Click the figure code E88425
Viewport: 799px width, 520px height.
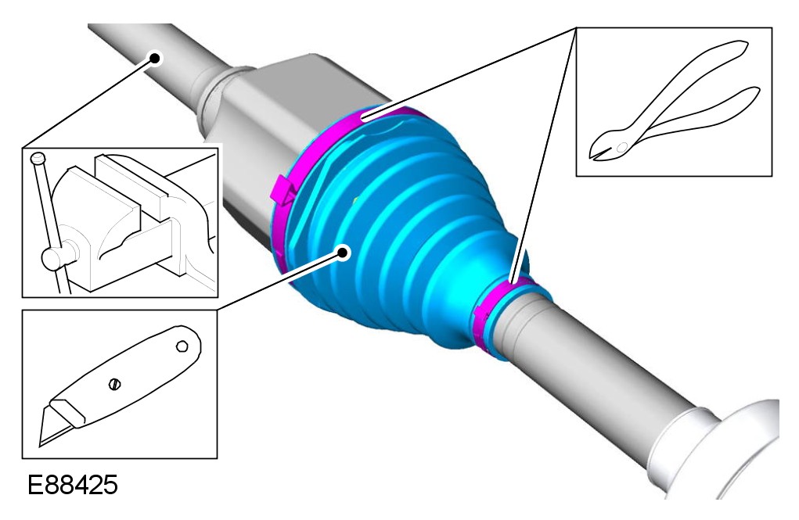tap(72, 484)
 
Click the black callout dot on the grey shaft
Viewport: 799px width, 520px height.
tap(155, 58)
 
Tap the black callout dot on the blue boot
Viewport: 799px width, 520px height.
tap(344, 252)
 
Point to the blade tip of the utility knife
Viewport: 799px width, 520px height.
tap(41, 445)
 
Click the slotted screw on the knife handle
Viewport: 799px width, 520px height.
tap(115, 384)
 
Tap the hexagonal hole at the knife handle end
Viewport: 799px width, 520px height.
tap(182, 347)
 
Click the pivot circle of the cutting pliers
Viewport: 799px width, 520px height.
tap(622, 147)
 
